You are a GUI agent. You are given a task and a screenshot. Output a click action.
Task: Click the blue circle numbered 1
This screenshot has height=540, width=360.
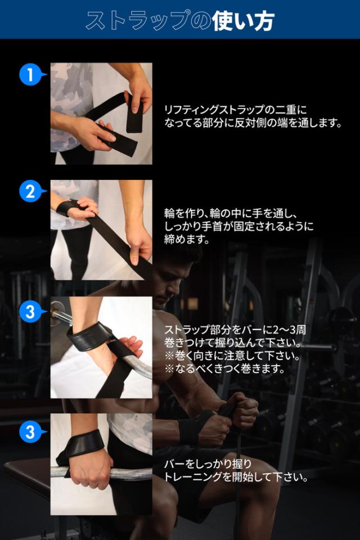[30, 74]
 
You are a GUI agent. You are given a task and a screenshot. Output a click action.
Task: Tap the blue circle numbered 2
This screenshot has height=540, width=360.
[30, 191]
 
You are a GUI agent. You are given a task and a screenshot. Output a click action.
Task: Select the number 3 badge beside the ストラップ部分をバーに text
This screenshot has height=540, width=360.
[30, 312]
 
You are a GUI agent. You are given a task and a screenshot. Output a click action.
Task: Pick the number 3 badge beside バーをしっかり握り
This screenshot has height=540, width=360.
[30, 431]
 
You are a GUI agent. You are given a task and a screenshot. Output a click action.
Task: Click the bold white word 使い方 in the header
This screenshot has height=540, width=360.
[243, 21]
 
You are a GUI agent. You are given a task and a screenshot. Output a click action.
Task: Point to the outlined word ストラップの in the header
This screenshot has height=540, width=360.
[148, 21]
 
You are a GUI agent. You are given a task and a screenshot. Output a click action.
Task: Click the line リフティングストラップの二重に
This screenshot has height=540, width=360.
[235, 110]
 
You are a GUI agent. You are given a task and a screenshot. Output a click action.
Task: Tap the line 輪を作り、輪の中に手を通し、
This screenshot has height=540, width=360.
[231, 214]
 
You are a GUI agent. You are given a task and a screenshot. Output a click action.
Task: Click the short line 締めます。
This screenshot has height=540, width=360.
[187, 240]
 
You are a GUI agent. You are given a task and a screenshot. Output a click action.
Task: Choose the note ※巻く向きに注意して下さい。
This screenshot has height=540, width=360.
[232, 355]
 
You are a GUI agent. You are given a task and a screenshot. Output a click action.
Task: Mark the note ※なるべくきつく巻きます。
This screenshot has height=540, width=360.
[224, 369]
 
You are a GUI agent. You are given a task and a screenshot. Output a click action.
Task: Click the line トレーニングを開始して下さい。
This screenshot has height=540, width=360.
[236, 477]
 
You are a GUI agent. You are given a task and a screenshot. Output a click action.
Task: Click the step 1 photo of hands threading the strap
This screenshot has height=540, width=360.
[101, 113]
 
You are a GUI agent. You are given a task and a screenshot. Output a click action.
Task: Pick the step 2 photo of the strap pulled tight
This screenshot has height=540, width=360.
[101, 229]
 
